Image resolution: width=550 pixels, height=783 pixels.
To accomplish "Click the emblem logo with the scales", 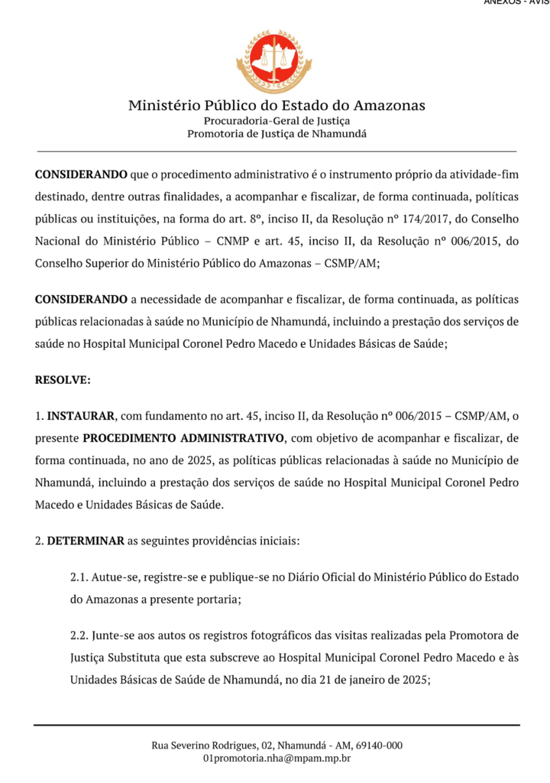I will [273, 61].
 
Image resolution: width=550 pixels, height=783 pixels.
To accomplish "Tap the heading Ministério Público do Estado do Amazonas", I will [277, 106].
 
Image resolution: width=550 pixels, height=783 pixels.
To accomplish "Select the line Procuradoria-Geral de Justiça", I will [277, 121].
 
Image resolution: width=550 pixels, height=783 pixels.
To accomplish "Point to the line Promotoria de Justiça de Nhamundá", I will [277, 134].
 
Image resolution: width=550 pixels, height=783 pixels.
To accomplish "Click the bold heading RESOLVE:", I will [63, 379].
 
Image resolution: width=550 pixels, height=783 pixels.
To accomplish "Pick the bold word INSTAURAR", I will [81, 417].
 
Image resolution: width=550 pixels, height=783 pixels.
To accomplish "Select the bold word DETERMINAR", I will [86, 541].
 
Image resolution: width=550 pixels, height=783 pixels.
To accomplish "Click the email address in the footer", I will [277, 758].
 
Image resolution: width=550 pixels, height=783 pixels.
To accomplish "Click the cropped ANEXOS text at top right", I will [516, 2].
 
